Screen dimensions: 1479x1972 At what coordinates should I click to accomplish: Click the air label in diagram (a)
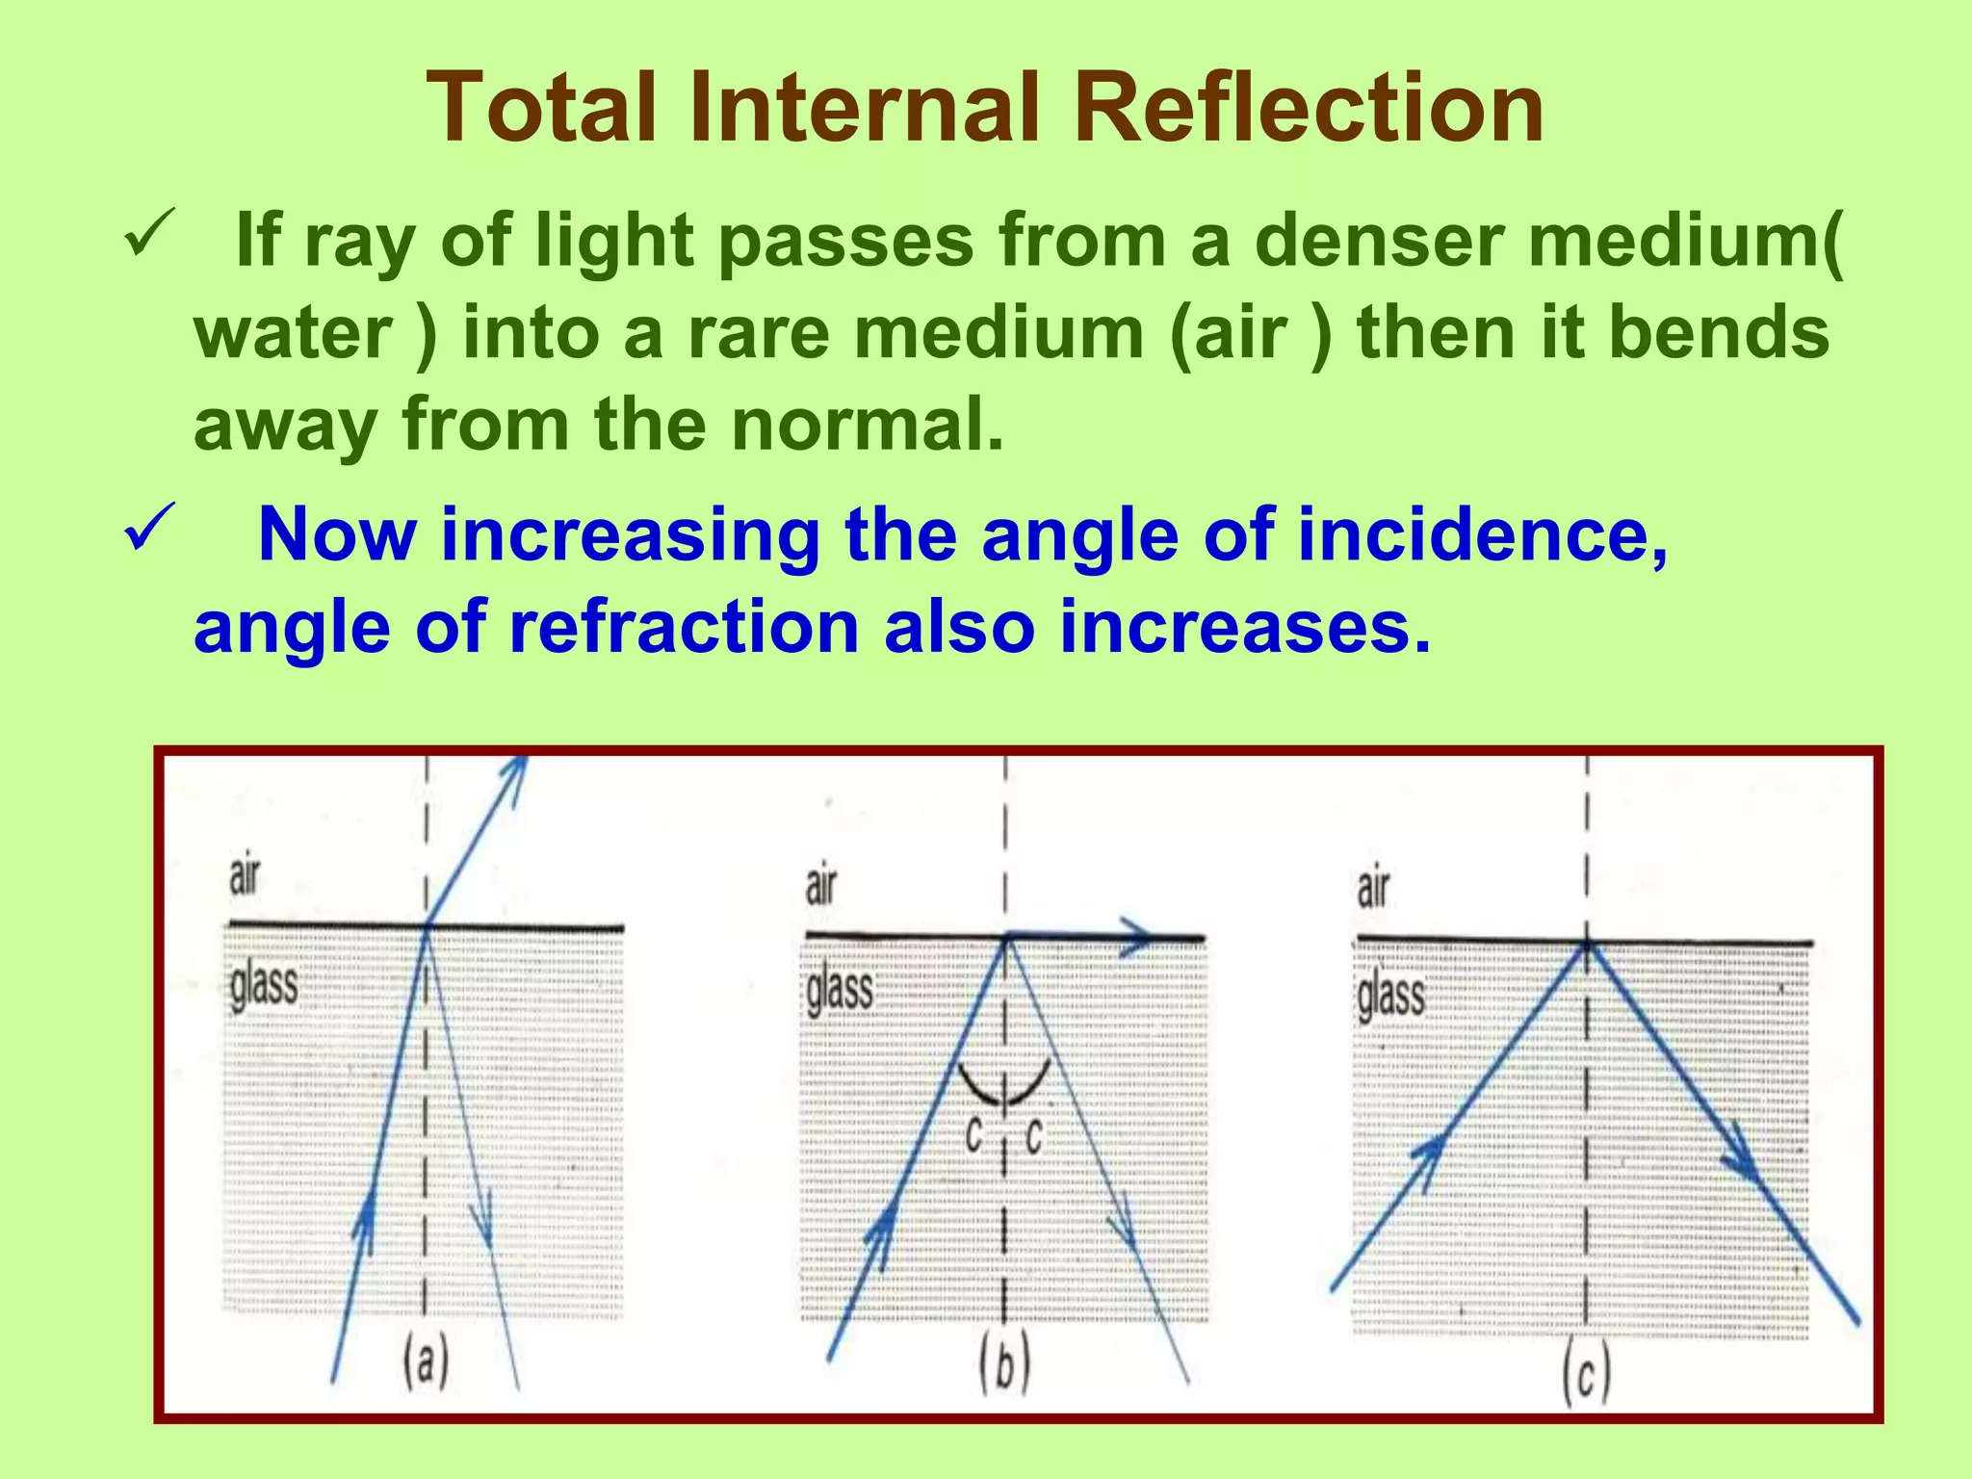[x=244, y=876]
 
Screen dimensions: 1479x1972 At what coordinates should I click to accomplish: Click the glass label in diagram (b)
[x=840, y=990]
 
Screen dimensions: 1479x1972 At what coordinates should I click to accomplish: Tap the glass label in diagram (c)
[x=1390, y=995]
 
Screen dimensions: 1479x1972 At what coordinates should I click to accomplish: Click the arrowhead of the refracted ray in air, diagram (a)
[x=515, y=772]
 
